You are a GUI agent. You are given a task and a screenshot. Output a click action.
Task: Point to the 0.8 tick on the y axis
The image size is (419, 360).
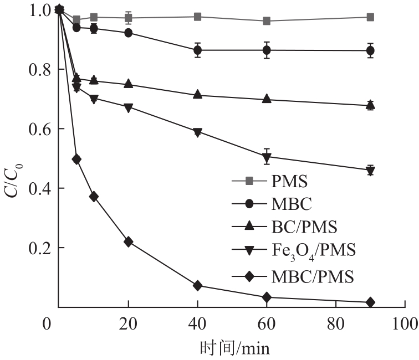(38, 70)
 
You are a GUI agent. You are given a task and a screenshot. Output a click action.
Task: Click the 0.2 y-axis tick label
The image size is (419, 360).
(38, 248)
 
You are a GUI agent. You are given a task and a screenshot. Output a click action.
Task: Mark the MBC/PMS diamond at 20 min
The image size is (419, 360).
(129, 241)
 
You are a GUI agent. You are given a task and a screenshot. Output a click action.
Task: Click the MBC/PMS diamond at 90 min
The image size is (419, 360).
(370, 302)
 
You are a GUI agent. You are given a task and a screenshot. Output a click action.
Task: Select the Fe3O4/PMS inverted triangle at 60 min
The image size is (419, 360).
(267, 157)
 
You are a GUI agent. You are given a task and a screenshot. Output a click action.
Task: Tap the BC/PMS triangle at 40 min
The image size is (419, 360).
(197, 95)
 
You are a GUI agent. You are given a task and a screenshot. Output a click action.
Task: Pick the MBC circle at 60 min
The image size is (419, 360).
(267, 50)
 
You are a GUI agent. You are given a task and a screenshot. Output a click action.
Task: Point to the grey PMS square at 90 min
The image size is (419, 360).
(370, 17)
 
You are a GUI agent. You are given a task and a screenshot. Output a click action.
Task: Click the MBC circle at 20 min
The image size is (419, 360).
(129, 33)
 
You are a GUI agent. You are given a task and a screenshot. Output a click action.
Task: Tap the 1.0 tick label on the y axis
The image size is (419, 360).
(38, 10)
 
